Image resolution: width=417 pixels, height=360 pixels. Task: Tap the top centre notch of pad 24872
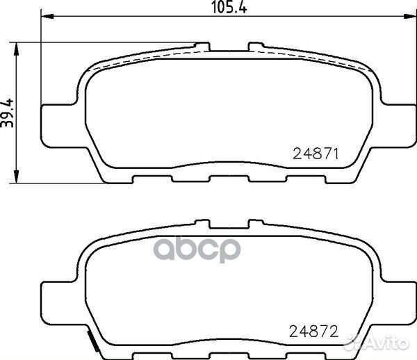coord(229,225)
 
